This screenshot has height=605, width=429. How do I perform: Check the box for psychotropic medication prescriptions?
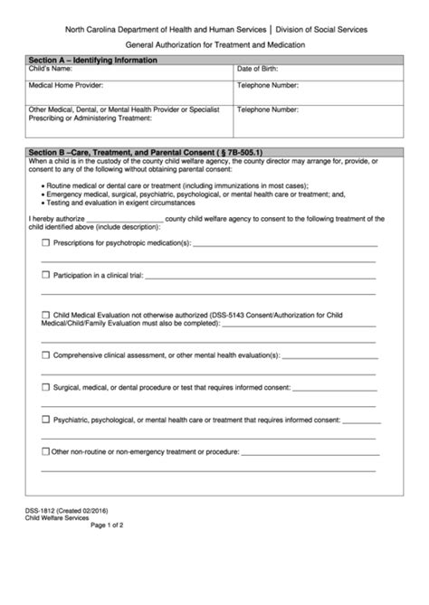click(45, 244)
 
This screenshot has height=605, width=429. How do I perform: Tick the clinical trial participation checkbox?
click(45, 274)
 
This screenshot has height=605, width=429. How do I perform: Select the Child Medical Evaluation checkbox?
click(45, 314)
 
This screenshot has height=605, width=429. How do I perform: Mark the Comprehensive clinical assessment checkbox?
click(45, 356)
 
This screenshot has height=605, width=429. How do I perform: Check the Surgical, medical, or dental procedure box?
click(45, 387)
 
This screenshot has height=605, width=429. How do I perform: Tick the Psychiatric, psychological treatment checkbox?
click(45, 420)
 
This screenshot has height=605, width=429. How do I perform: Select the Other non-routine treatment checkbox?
click(45, 451)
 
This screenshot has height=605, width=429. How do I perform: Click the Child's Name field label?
click(51, 69)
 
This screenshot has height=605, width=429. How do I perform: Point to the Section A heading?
click(92, 60)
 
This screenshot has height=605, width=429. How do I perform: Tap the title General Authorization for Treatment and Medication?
click(214, 44)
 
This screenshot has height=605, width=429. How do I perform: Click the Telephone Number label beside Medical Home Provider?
click(268, 86)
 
